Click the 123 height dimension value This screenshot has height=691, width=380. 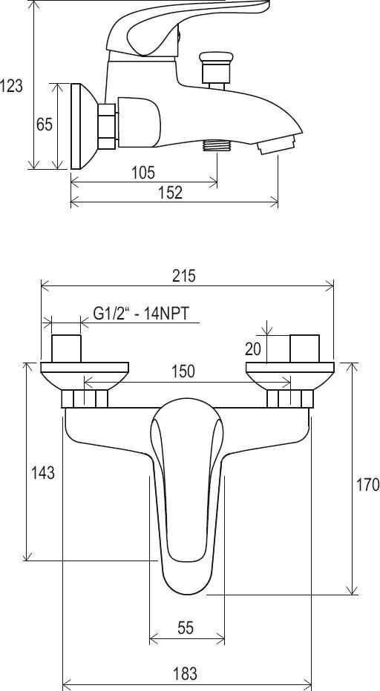pos(11,85)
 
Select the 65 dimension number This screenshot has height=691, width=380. pos(44,125)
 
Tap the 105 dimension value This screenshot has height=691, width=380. pos(143,172)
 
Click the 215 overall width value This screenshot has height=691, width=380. pos(183,276)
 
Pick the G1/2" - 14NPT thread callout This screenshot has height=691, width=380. pos(141,314)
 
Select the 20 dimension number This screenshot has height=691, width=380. pos(253,348)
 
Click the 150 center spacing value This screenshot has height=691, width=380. pos(183,371)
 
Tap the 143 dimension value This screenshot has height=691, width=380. pos(43,473)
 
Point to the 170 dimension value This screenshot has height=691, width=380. pos(367,484)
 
